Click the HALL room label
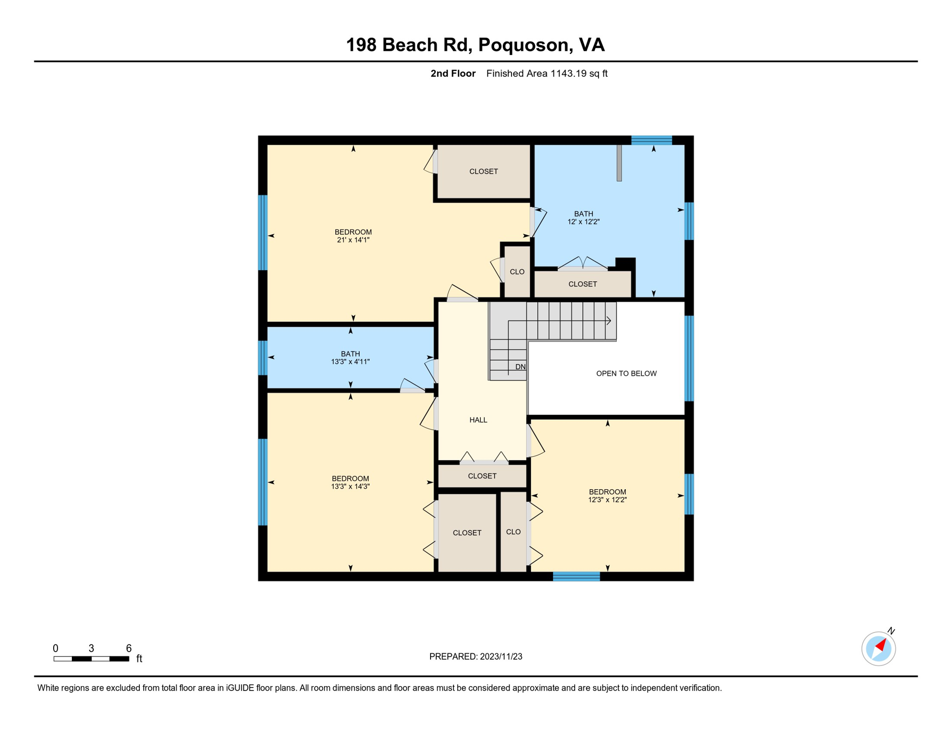pos(478,420)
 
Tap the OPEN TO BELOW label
pos(626,373)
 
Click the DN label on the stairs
pos(521,367)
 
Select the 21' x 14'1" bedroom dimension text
pos(353,240)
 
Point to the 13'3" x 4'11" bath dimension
pos(350,361)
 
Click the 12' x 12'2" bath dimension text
pos(583,221)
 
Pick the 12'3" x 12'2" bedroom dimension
pos(607,499)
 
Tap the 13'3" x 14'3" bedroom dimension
pos(350,486)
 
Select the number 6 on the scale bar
pos(129,648)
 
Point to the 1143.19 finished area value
pos(568,73)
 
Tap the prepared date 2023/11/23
pos(501,656)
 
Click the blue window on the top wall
pos(651,140)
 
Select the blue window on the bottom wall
pos(576,576)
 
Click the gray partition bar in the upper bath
pos(619,163)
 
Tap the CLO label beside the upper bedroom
pos(517,272)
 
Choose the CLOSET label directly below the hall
pos(482,476)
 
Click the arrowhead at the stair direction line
pos(609,321)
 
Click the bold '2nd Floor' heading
pos(453,73)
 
